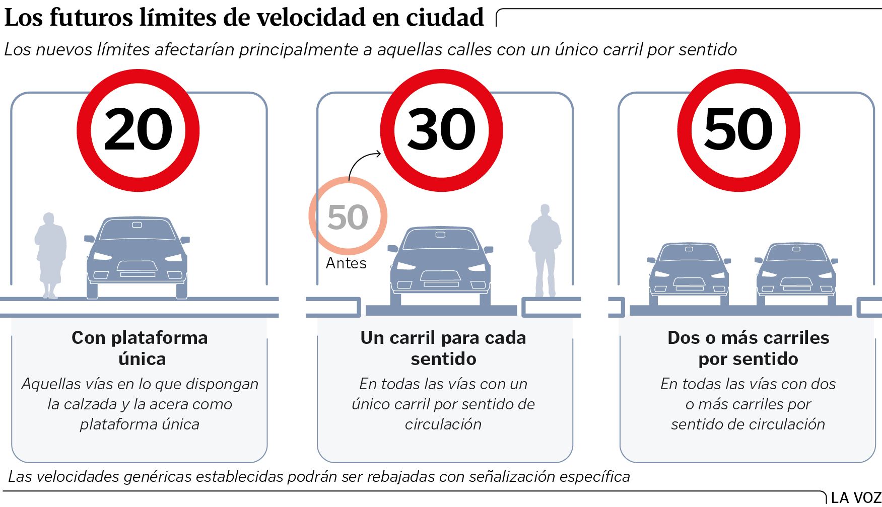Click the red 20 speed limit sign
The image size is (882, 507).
coord(138,130)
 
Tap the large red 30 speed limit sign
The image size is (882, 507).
coord(441,130)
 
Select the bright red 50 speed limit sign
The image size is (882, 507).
coord(738,130)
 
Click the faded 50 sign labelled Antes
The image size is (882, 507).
coord(348,216)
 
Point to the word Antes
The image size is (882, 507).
coord(346,263)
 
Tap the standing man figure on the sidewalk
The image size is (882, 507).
coord(545,249)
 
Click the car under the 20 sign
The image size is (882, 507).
coord(137,257)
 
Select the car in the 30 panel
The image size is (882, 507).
coord(440,264)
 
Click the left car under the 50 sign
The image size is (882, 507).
coord(689,272)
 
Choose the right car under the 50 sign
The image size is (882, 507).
coord(796,272)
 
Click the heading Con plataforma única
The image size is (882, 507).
coord(140,348)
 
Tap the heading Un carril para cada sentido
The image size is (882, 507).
coord(443,348)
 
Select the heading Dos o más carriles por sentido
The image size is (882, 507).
coord(748,348)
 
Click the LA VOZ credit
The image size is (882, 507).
coord(855,498)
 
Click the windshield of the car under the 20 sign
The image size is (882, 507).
coord(137,230)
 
